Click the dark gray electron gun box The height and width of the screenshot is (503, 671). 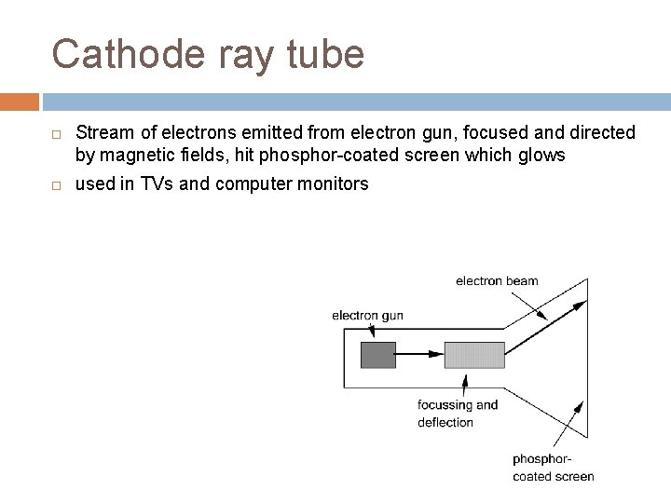pyautogui.click(x=377, y=354)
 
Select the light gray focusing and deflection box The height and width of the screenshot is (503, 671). pyautogui.click(x=474, y=354)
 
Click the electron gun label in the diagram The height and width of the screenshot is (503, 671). pyautogui.click(x=367, y=316)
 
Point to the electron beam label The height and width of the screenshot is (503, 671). pyautogui.click(x=497, y=281)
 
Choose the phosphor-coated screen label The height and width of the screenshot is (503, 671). pyautogui.click(x=553, y=468)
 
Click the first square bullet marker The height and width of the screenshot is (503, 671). pyautogui.click(x=57, y=133)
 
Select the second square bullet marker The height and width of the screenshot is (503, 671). pyautogui.click(x=57, y=185)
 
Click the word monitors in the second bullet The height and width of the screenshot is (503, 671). pyautogui.click(x=335, y=184)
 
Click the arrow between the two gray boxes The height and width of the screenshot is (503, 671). pyautogui.click(x=419, y=354)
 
